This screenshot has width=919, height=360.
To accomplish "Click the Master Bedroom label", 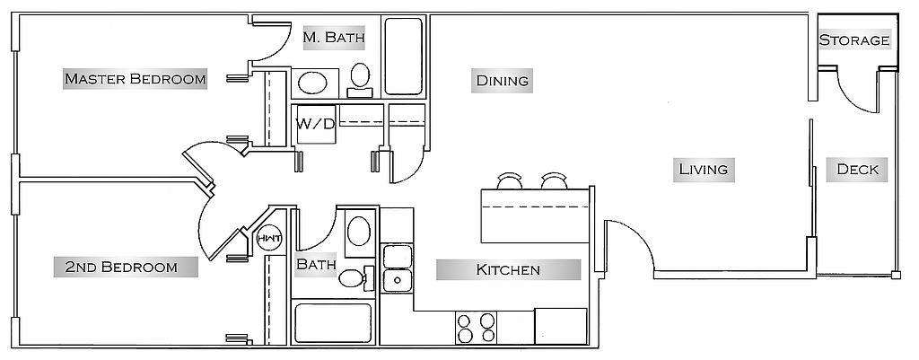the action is click(x=135, y=79).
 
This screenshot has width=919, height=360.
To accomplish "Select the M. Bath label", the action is click(x=334, y=38).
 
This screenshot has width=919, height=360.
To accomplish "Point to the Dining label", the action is click(x=503, y=80).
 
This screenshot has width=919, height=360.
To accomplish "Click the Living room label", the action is click(x=704, y=170).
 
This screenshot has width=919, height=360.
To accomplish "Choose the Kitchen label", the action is click(x=508, y=269).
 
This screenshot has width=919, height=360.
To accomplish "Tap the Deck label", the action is click(x=857, y=170).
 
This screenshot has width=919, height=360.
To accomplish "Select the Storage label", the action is click(x=854, y=40).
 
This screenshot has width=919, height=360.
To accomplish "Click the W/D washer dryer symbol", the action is click(x=316, y=124).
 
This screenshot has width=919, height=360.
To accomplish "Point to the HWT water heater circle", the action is click(x=269, y=239).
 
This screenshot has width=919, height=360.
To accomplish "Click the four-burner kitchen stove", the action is click(x=476, y=328).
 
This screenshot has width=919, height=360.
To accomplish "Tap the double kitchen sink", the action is click(x=398, y=268).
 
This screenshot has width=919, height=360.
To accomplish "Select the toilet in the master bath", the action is click(x=360, y=80).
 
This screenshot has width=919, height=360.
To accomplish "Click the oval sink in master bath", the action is click(x=312, y=83).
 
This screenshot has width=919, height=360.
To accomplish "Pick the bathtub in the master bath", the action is click(x=404, y=57).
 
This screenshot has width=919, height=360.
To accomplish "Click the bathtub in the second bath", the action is click(x=333, y=323).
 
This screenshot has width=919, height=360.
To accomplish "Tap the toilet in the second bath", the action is click(x=356, y=277).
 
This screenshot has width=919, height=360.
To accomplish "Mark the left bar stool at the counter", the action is click(x=510, y=180).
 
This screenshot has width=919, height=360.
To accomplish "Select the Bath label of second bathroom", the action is click(x=317, y=264).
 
